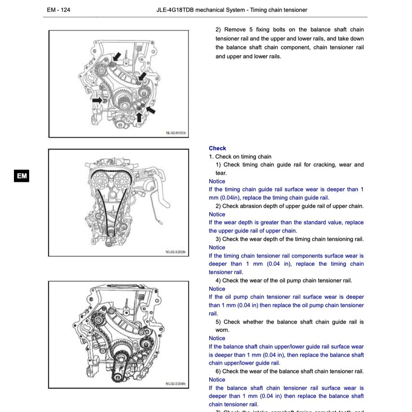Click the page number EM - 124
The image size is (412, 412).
coord(58,10)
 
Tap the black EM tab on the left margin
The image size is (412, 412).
coord(22,176)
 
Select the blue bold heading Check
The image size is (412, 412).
coord(217,148)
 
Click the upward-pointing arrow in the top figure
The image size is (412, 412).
coord(139,117)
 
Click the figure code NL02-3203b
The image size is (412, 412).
coord(175,252)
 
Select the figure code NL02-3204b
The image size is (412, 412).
coord(175,384)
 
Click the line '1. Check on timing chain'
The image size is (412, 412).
coord(240,157)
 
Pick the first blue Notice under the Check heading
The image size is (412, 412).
coord(217,181)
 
